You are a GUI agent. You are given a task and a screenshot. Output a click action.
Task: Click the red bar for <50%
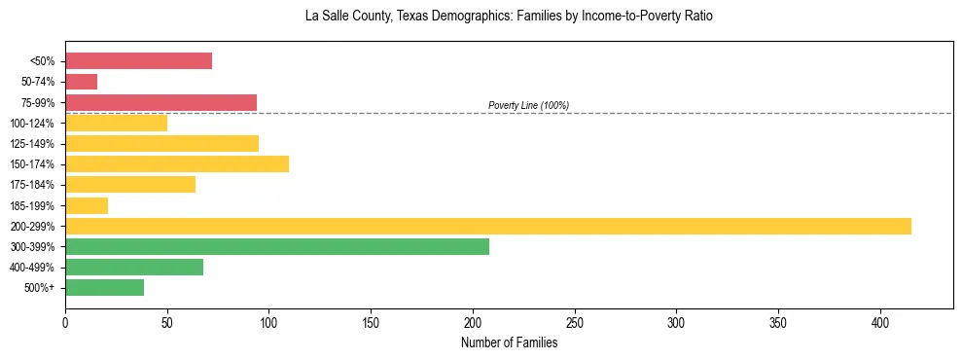point(138,61)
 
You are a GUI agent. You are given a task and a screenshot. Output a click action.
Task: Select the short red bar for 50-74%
point(81,82)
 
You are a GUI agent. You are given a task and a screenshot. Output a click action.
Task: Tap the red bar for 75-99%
point(160,102)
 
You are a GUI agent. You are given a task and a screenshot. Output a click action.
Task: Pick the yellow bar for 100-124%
point(116,123)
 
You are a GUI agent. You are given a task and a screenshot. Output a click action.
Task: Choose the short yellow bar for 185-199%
point(87,205)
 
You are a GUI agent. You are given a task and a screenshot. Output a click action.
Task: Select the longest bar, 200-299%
point(487,226)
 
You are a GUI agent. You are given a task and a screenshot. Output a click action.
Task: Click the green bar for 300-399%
point(276,246)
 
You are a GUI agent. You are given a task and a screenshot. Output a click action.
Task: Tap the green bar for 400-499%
point(134,267)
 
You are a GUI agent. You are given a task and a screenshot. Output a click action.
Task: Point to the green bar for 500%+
point(104,287)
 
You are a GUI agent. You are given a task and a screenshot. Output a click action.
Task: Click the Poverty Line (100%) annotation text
point(528,105)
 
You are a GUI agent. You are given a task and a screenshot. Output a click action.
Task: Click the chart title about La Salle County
point(509,17)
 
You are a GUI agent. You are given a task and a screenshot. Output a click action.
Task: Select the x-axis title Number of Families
point(509,342)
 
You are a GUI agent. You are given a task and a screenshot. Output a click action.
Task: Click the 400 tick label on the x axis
point(880,322)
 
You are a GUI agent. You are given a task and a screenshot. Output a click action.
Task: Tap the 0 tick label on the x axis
point(65,322)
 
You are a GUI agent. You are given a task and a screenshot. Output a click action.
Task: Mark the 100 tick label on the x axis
point(268,322)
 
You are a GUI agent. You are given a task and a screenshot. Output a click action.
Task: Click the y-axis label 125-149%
point(32,144)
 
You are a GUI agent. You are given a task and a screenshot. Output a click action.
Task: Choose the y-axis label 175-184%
point(32,185)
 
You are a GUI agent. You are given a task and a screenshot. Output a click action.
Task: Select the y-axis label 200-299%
point(32,226)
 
